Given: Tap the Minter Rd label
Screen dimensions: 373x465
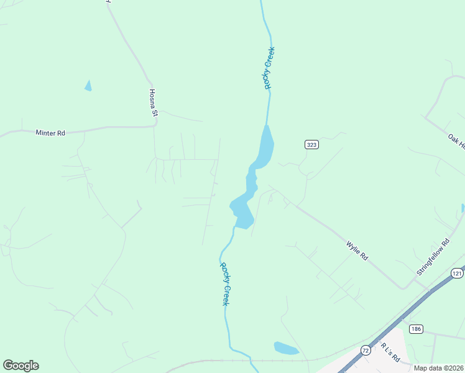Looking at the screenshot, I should pos(50,132).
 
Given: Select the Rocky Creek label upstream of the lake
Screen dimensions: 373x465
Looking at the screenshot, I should pos(269,68).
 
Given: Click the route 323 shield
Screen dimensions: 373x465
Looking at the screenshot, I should pos(311,145).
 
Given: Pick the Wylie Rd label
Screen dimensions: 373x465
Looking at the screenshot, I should pos(357,251).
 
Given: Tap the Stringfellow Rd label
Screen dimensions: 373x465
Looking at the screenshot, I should pos(433,258).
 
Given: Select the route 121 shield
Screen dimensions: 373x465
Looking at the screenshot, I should pos(458,274).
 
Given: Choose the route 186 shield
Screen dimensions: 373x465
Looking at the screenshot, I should pos(416,329).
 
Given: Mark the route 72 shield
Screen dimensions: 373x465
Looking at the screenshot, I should pos(364,351).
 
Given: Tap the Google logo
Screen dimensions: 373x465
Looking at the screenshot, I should pos(21,366).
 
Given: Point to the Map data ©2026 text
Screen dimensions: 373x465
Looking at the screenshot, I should pos(438,368).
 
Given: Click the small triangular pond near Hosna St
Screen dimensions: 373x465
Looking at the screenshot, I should pos(88,86).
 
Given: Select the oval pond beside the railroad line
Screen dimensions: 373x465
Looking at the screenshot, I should pos(286,348).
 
